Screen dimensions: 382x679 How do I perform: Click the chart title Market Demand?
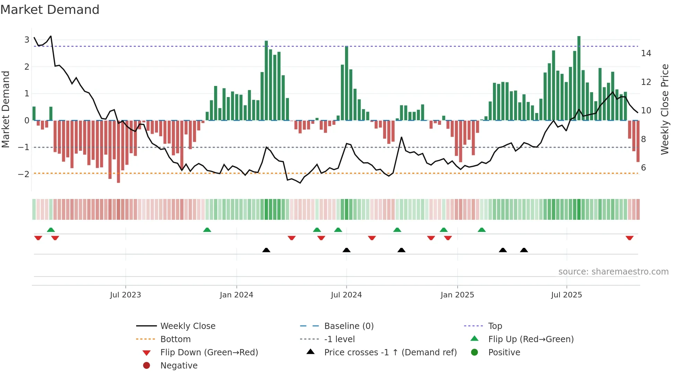point(50,10)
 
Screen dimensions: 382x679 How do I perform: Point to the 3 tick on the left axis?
point(27,40)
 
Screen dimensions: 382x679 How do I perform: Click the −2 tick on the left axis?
point(24,174)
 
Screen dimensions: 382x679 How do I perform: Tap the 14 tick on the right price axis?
point(646,53)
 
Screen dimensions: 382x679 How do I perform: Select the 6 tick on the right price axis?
point(643,168)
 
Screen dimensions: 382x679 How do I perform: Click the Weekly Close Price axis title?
point(664,109)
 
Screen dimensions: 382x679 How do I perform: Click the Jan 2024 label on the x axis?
point(236,295)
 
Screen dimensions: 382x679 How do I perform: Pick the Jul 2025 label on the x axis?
point(566,295)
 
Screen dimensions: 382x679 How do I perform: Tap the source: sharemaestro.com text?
point(613,272)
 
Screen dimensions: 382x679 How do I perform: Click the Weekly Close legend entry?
point(187,326)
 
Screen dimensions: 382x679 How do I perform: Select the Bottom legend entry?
point(175,339)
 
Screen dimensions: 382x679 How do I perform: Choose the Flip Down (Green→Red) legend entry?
point(209,353)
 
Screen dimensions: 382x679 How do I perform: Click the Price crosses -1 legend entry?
point(390,353)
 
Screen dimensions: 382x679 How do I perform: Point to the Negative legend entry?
point(179,366)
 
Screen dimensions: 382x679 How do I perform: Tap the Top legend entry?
point(495,326)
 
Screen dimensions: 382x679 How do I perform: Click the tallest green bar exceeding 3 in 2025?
point(579,78)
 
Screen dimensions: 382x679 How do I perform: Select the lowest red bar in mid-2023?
point(118,151)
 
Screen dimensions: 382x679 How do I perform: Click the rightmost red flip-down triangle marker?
point(629,238)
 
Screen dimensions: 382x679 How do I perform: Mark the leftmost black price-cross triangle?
point(266,250)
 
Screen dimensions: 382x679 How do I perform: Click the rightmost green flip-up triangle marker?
point(482,230)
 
